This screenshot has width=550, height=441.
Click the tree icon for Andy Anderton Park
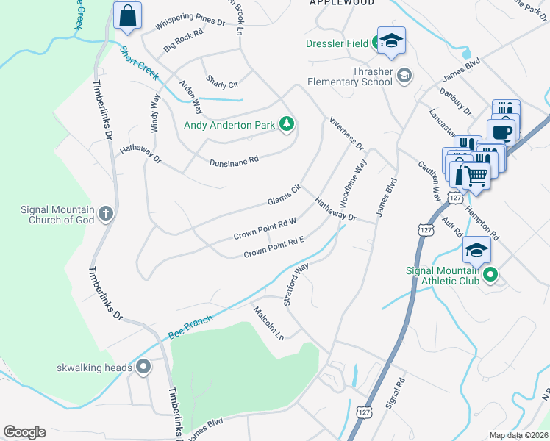tap(287, 125)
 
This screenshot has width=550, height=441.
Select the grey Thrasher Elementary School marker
tap(404, 74)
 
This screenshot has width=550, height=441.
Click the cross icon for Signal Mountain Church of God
tap(106, 214)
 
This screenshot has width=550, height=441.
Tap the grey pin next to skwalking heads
tap(143, 366)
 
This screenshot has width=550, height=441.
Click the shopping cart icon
tap(476, 175)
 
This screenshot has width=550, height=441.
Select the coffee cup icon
tap(502, 132)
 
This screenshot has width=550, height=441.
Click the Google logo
tap(24, 432)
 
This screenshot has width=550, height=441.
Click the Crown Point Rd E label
tap(274, 248)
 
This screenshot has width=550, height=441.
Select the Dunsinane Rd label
tap(234, 160)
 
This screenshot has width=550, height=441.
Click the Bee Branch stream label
tap(190, 327)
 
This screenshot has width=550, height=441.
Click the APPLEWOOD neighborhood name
tap(342, 3)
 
